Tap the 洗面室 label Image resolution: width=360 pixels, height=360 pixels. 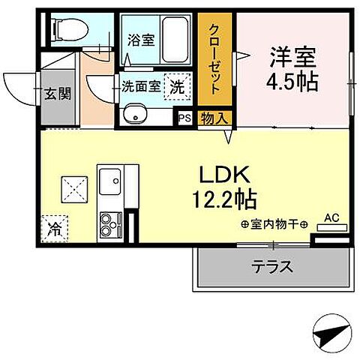click(140, 85)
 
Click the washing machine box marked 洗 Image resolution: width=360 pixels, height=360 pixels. click(176, 85)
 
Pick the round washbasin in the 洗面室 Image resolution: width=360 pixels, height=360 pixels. click(135, 115)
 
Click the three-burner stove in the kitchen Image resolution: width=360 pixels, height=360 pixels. click(110, 221)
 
